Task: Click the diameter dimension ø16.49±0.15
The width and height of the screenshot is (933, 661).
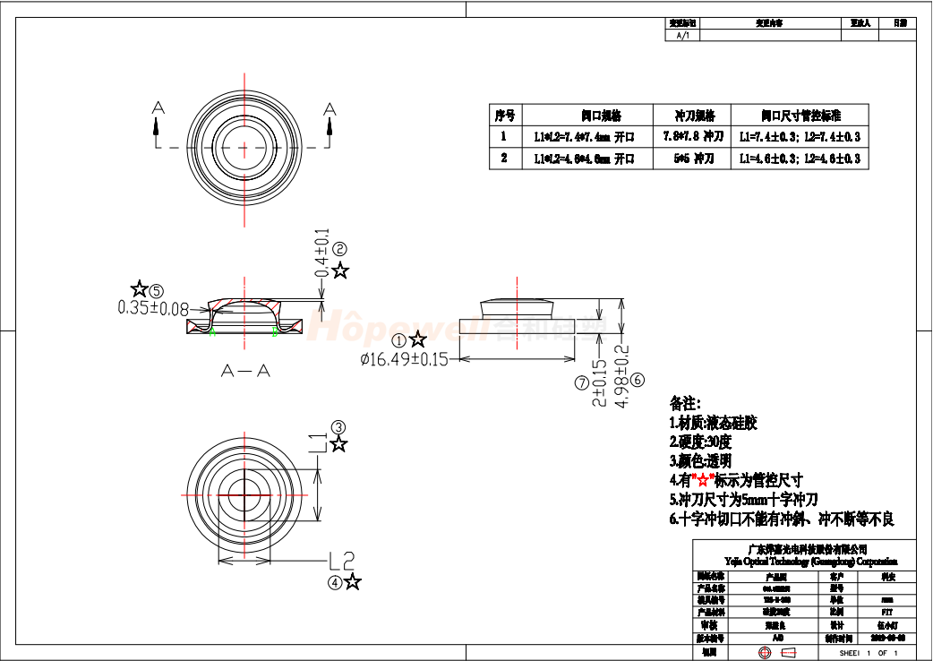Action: point(403,359)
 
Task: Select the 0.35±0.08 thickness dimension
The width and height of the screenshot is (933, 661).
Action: point(153,308)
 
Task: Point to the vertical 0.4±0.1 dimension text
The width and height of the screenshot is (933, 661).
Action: point(321,253)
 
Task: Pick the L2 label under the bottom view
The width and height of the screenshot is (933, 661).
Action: point(342,561)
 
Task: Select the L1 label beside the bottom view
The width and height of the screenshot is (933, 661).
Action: point(319,442)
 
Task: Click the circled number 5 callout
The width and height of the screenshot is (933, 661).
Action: point(158,290)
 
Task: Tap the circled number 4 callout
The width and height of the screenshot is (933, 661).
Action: point(335,582)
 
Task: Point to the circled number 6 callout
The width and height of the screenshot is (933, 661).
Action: point(638,380)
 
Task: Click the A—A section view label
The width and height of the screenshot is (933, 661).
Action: point(245,370)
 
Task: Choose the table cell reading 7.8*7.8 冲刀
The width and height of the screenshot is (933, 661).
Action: point(693,137)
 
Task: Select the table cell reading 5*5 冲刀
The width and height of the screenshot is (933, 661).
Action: point(693,159)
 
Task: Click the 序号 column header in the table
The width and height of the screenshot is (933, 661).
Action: point(505,116)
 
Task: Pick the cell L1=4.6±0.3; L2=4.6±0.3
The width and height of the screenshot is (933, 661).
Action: point(800,159)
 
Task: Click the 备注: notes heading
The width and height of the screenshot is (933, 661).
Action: point(685,404)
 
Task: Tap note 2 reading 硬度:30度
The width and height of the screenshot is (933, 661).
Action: point(700,442)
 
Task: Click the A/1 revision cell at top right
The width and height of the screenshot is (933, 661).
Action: point(682,36)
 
